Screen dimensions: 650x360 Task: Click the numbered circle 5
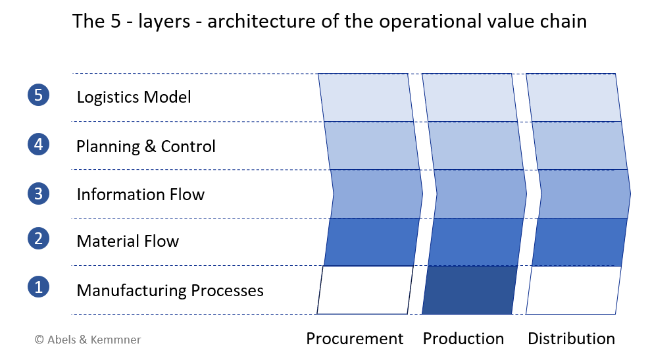[39, 95]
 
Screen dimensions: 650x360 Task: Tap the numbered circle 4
[39, 144]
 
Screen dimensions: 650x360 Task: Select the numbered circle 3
[39, 193]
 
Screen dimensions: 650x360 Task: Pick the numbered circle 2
[39, 239]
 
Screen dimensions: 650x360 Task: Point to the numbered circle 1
[39, 287]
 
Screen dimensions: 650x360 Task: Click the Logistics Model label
[134, 97]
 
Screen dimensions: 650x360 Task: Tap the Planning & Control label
[146, 146]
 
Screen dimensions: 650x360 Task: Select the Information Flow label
[141, 195]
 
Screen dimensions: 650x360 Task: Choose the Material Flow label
[128, 242]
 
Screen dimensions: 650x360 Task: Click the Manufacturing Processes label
[170, 291]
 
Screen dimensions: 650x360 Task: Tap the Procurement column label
[355, 338]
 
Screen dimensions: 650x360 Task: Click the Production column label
[463, 338]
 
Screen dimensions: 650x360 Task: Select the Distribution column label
[571, 338]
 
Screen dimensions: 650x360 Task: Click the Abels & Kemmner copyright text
[88, 340]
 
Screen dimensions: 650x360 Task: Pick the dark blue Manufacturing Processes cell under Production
[470, 290]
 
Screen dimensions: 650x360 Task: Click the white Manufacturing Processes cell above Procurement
[365, 290]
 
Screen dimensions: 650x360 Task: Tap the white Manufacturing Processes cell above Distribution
[574, 290]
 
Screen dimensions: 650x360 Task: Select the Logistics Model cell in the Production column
[470, 97]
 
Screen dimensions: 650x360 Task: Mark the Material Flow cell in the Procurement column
[372, 242]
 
